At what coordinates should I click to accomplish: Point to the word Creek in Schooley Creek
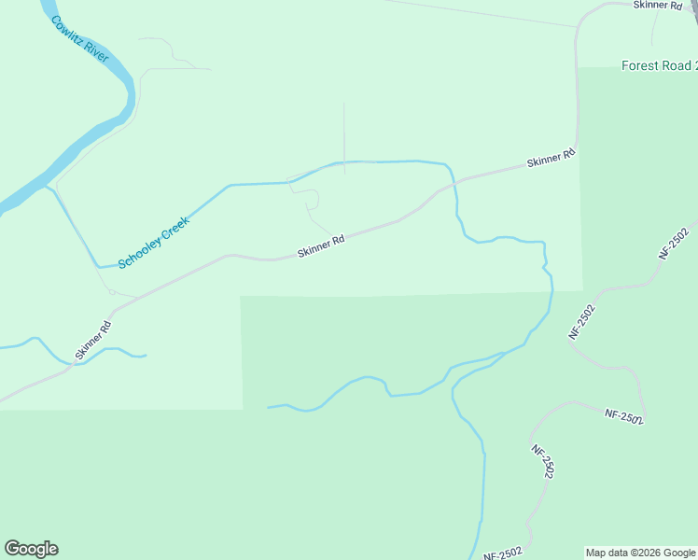tap(175, 227)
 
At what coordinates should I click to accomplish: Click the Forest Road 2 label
tap(659, 65)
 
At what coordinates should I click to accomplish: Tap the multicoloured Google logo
tap(31, 549)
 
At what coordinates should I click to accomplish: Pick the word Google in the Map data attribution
tap(679, 553)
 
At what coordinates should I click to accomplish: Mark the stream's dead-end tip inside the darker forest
tap(269, 407)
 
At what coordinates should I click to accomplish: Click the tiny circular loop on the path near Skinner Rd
tap(112, 291)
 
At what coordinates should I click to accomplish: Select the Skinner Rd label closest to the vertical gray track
tap(322, 246)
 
